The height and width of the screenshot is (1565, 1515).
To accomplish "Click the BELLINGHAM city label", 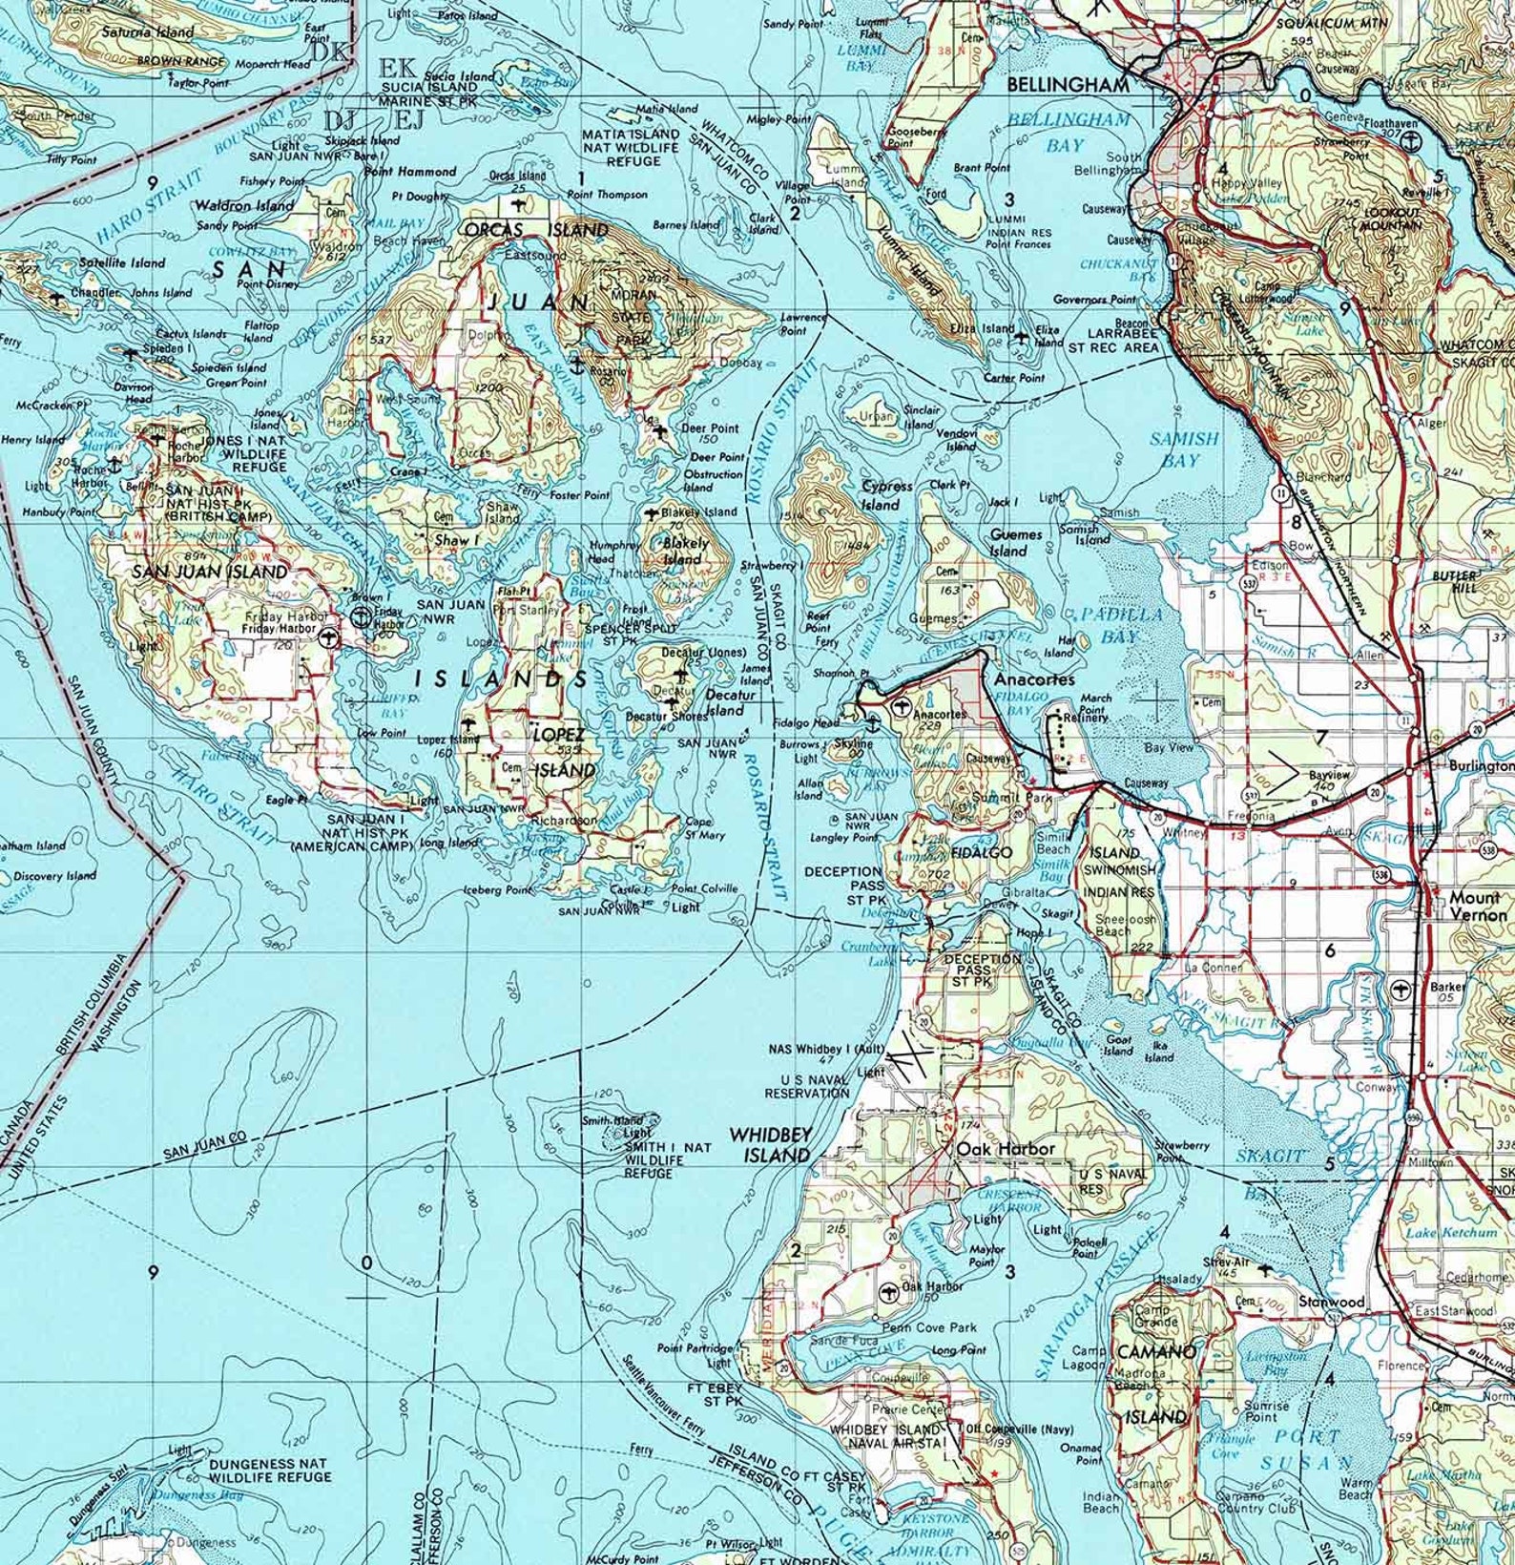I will coord(1069,86).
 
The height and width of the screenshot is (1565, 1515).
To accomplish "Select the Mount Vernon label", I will coord(1478,906).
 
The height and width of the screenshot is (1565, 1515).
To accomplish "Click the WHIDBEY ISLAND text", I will coord(770,1144).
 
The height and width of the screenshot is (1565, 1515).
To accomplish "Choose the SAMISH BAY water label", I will coord(1183,449).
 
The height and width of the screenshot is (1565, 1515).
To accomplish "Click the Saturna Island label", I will coord(148,31).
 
